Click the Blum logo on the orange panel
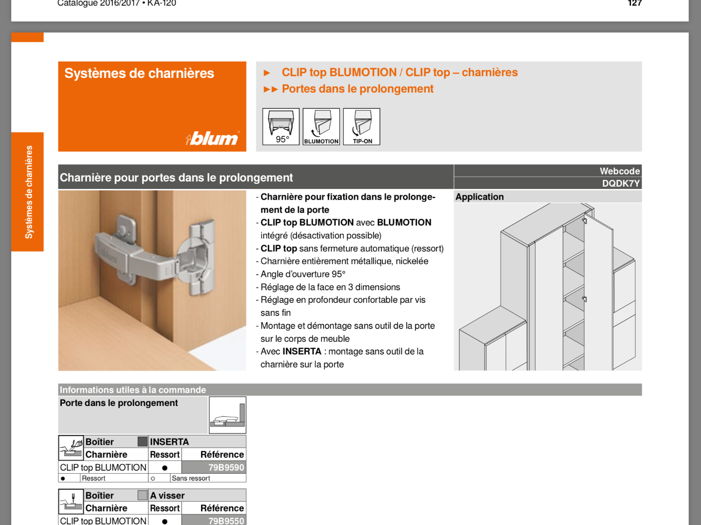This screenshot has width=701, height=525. coord(213,138)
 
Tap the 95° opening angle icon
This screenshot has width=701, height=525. coord(281,126)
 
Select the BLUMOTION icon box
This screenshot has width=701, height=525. coord(321,126)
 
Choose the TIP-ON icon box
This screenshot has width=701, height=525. coord(362,126)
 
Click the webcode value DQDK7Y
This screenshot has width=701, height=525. coord(621,183)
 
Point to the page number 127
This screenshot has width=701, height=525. coord(635,3)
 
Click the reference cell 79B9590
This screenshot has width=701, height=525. coord(214,467)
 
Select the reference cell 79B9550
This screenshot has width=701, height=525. coord(214,520)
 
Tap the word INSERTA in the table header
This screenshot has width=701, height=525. coord(169,442)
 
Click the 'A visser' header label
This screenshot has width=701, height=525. coord(167,495)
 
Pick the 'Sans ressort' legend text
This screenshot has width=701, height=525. coord(191,478)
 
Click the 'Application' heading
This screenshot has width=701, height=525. coord(479,197)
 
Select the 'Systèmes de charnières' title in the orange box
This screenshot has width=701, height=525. coord(139,73)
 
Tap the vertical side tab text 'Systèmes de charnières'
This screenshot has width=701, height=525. coord(29,192)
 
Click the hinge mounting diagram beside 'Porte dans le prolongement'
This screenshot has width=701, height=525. coord(228,415)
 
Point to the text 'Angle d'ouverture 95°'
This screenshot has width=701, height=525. coord(303,274)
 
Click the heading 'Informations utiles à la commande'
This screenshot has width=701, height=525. coord(133,390)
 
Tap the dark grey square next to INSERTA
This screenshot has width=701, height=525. coord(143,442)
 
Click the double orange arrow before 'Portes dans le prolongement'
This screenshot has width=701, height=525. coord(271,90)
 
